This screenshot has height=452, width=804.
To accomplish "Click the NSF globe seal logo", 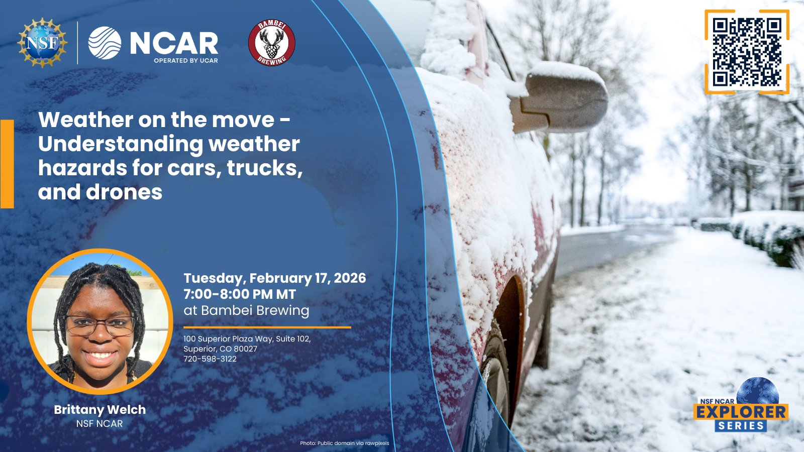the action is (42, 43).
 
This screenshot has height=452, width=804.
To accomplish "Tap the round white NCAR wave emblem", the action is (105, 43).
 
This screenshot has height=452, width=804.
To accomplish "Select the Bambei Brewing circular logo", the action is (272, 43).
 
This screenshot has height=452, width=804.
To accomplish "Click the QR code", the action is (747, 52).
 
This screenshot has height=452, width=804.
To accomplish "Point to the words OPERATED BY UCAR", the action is (186, 61).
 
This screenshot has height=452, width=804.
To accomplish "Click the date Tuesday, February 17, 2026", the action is (274, 278).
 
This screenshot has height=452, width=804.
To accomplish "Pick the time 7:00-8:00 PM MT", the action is (240, 294).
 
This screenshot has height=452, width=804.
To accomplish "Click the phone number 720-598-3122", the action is (210, 359).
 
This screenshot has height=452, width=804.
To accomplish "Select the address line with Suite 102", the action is (247, 338).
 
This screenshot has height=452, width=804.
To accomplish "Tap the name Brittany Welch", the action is (100, 409).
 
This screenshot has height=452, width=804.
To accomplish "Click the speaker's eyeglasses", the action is (100, 325).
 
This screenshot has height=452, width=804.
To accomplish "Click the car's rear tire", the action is (497, 377).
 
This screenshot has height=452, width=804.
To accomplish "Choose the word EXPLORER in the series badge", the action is (741, 412).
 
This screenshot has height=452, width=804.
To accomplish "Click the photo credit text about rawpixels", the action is (345, 443).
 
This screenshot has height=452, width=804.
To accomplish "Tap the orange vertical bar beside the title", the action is (7, 164).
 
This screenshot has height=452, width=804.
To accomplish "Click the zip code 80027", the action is (246, 349).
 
